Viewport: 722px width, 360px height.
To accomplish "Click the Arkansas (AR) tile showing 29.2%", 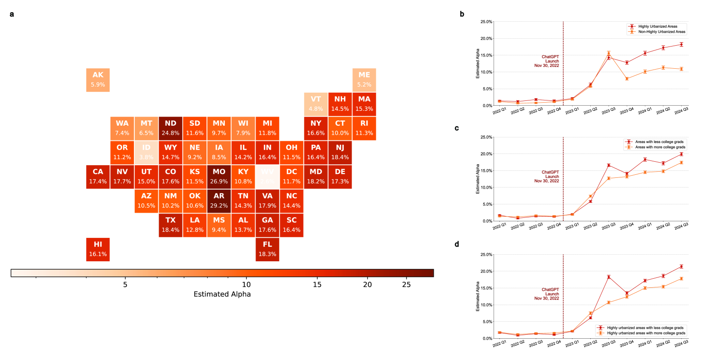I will [x=219, y=201].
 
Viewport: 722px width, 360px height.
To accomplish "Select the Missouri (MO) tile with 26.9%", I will [x=219, y=177].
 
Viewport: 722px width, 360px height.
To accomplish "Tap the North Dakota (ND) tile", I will [x=170, y=128].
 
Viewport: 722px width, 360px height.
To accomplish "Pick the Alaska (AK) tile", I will [x=98, y=80].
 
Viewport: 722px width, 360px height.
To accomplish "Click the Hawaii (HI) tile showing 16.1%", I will [x=98, y=249].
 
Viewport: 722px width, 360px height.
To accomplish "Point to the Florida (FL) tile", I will [x=267, y=249].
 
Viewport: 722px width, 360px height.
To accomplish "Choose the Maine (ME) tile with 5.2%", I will [x=364, y=80].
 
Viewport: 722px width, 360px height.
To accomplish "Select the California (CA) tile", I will [x=98, y=177].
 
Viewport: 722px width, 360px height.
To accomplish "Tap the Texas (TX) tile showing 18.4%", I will [x=170, y=225].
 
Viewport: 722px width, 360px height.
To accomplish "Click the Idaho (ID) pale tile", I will [x=146, y=152].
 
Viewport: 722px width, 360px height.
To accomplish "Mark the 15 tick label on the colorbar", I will [x=317, y=285].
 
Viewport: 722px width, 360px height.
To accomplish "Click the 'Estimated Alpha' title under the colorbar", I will [x=222, y=294].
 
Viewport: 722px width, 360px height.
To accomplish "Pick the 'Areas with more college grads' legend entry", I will [x=660, y=147].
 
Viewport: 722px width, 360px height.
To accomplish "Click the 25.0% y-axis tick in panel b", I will [x=486, y=22].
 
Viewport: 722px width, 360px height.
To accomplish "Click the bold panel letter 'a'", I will [x=12, y=14].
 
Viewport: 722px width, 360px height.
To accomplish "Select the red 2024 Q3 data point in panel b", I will [x=681, y=44].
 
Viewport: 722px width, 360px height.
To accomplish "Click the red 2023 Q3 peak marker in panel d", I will [x=609, y=277].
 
